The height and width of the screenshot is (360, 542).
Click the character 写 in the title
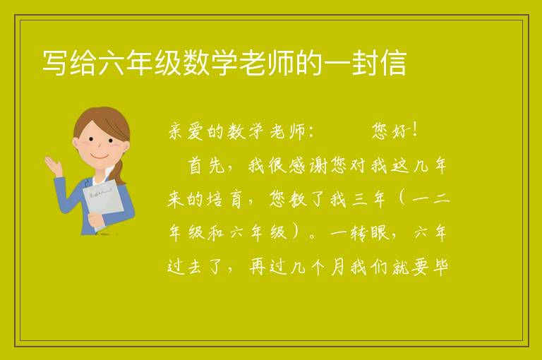(55, 63)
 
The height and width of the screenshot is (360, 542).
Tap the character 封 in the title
(365, 63)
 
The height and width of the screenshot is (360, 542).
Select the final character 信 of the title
(393, 63)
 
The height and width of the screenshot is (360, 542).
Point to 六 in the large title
(112, 63)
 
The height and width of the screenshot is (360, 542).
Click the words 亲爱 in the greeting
(186, 131)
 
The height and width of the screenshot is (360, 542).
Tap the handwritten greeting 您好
(390, 131)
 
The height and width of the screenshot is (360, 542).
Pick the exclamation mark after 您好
(415, 130)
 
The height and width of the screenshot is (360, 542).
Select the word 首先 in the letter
(206, 166)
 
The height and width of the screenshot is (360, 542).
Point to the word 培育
(224, 200)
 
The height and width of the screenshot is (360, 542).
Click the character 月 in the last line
(337, 268)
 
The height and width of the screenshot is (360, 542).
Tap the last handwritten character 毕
(440, 268)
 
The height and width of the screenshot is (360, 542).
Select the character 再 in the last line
(258, 268)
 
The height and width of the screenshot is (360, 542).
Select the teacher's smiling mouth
(100, 157)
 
